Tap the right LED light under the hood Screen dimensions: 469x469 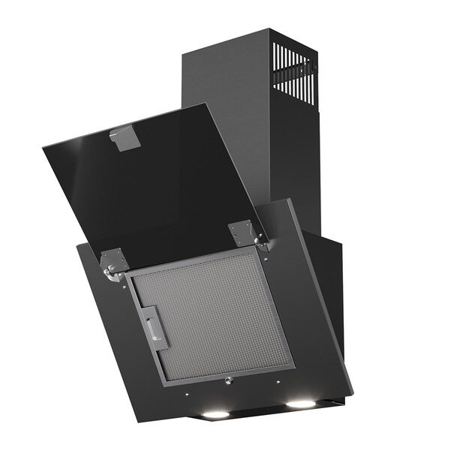[300, 404]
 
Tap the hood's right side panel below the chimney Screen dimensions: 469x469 [330, 300]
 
